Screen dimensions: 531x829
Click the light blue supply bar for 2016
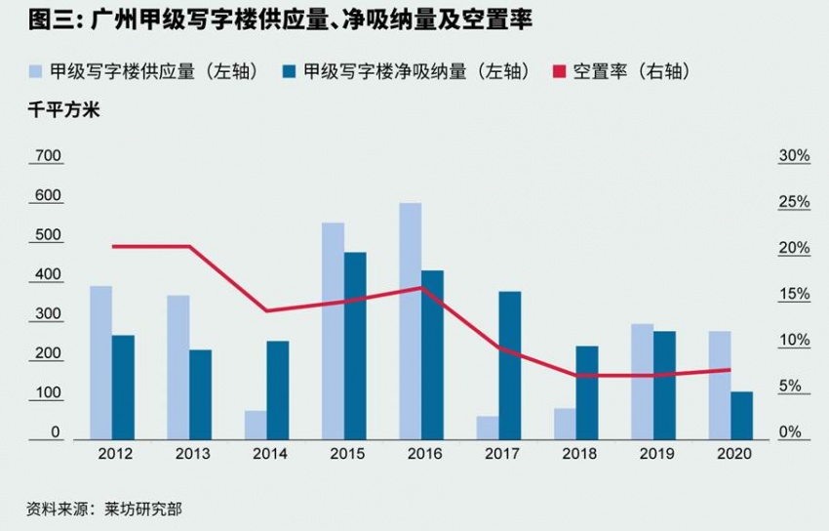click(410, 322)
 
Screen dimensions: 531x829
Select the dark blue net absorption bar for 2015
click(355, 347)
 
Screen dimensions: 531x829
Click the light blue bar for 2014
click(256, 426)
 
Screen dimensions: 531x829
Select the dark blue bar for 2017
click(510, 366)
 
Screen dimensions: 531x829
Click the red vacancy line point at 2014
click(266, 310)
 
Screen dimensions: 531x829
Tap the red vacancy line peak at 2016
click(421, 287)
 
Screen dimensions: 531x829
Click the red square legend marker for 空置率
click(559, 71)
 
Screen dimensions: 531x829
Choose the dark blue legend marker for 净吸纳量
click(290, 71)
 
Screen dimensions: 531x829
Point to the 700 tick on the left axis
click(48, 156)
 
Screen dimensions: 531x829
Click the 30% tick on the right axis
click(794, 156)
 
